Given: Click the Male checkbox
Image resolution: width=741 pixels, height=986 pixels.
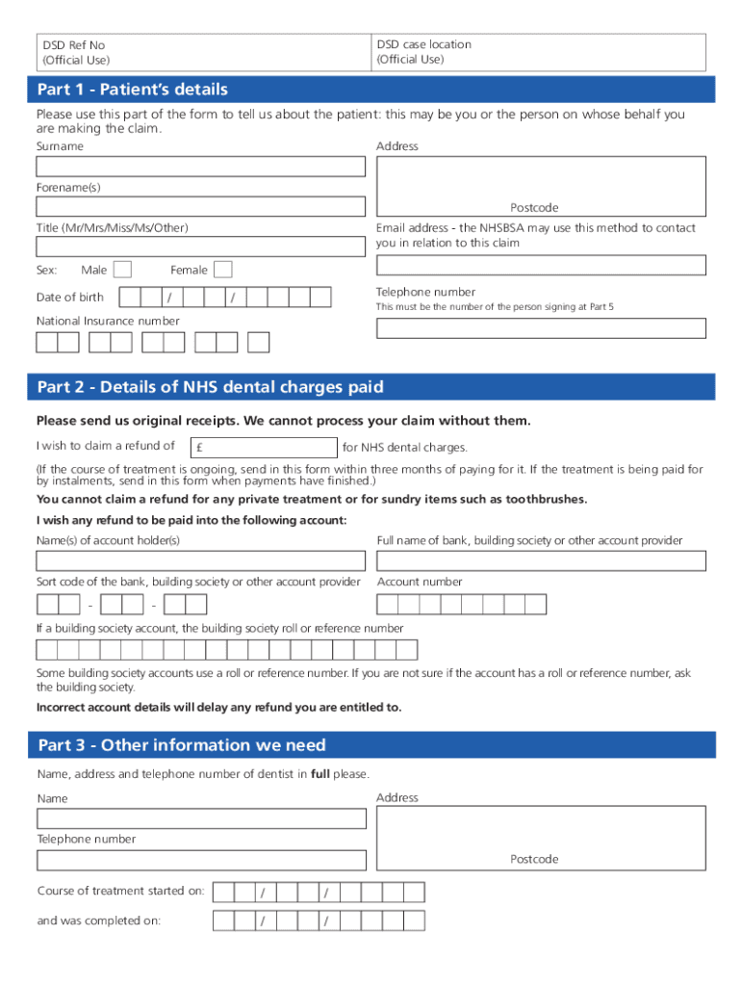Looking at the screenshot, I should point(122,271).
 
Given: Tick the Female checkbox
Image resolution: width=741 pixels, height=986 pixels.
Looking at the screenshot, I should point(222,271).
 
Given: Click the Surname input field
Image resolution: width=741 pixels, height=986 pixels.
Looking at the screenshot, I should point(201,167).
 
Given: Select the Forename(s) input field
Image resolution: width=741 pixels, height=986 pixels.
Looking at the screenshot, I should point(201,207).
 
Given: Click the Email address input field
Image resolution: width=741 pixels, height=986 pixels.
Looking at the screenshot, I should point(541,266).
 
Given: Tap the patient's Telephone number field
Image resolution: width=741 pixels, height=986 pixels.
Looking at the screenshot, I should point(541,328).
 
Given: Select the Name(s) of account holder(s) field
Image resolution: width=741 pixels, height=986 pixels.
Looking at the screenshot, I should point(201,560).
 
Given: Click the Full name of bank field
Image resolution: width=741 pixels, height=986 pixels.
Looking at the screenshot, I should point(541,560).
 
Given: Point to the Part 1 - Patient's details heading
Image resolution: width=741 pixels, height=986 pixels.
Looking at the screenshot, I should point(133,90).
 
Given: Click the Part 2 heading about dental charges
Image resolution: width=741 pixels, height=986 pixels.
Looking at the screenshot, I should point(210,387).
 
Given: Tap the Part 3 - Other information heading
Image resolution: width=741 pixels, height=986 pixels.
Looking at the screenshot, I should point(182,745).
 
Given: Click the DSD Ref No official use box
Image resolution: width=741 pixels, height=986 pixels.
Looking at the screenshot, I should point(202,52).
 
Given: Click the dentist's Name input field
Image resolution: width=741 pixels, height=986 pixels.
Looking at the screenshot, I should point(201,818).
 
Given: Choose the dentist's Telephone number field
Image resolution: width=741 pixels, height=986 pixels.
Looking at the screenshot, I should point(201,860).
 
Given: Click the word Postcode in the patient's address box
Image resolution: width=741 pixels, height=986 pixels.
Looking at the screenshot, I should point(534,208).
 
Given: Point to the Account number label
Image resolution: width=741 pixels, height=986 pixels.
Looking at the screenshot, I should point(420,582).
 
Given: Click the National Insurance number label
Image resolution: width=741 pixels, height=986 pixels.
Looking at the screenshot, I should point(108,321).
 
